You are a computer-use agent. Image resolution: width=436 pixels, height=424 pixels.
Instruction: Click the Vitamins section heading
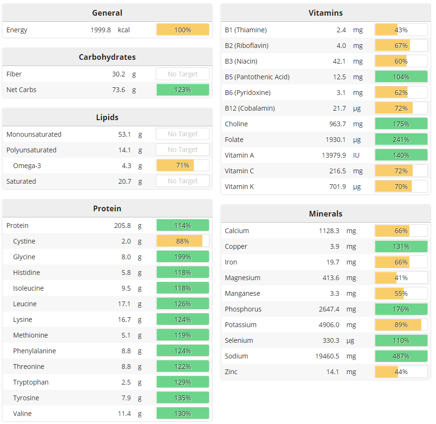pyautogui.click(x=325, y=13)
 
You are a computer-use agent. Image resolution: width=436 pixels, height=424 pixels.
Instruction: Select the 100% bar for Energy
pyautogui.click(x=183, y=30)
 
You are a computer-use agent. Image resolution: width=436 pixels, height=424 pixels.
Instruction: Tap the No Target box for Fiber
pyautogui.click(x=183, y=74)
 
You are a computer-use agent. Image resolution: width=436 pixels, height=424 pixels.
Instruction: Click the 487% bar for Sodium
pyautogui.click(x=401, y=356)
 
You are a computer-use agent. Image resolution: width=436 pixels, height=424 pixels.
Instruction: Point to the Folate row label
pyautogui.click(x=234, y=140)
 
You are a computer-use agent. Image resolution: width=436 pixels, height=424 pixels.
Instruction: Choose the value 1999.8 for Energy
pyautogui.click(x=101, y=30)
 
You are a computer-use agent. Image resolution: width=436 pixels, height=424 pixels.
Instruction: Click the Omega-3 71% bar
pyautogui.click(x=183, y=165)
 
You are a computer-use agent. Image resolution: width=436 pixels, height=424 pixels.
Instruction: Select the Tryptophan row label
pyautogui.click(x=31, y=382)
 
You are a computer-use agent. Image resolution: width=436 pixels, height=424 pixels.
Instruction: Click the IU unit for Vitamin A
pyautogui.click(x=357, y=155)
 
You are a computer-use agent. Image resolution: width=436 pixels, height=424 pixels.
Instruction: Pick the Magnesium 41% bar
pyautogui.click(x=401, y=278)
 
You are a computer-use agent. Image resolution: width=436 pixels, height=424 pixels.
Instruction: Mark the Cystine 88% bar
pyautogui.click(x=183, y=241)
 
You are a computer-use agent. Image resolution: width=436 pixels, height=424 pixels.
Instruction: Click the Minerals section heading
pyautogui.click(x=325, y=214)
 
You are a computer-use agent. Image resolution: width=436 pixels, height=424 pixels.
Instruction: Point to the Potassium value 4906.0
pyautogui.click(x=329, y=325)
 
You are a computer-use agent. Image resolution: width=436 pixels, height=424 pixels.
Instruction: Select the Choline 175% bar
pyautogui.click(x=401, y=124)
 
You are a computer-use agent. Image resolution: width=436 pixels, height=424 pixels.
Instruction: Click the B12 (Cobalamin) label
pyautogui.click(x=250, y=108)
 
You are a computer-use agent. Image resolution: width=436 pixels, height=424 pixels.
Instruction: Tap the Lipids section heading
pyautogui.click(x=107, y=117)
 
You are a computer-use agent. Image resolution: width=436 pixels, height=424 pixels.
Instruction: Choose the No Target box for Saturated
pyautogui.click(x=183, y=181)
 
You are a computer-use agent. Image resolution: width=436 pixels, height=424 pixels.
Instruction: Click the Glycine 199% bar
pyautogui.click(x=183, y=257)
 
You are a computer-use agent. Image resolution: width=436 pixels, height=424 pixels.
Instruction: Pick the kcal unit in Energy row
pyautogui.click(x=124, y=30)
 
